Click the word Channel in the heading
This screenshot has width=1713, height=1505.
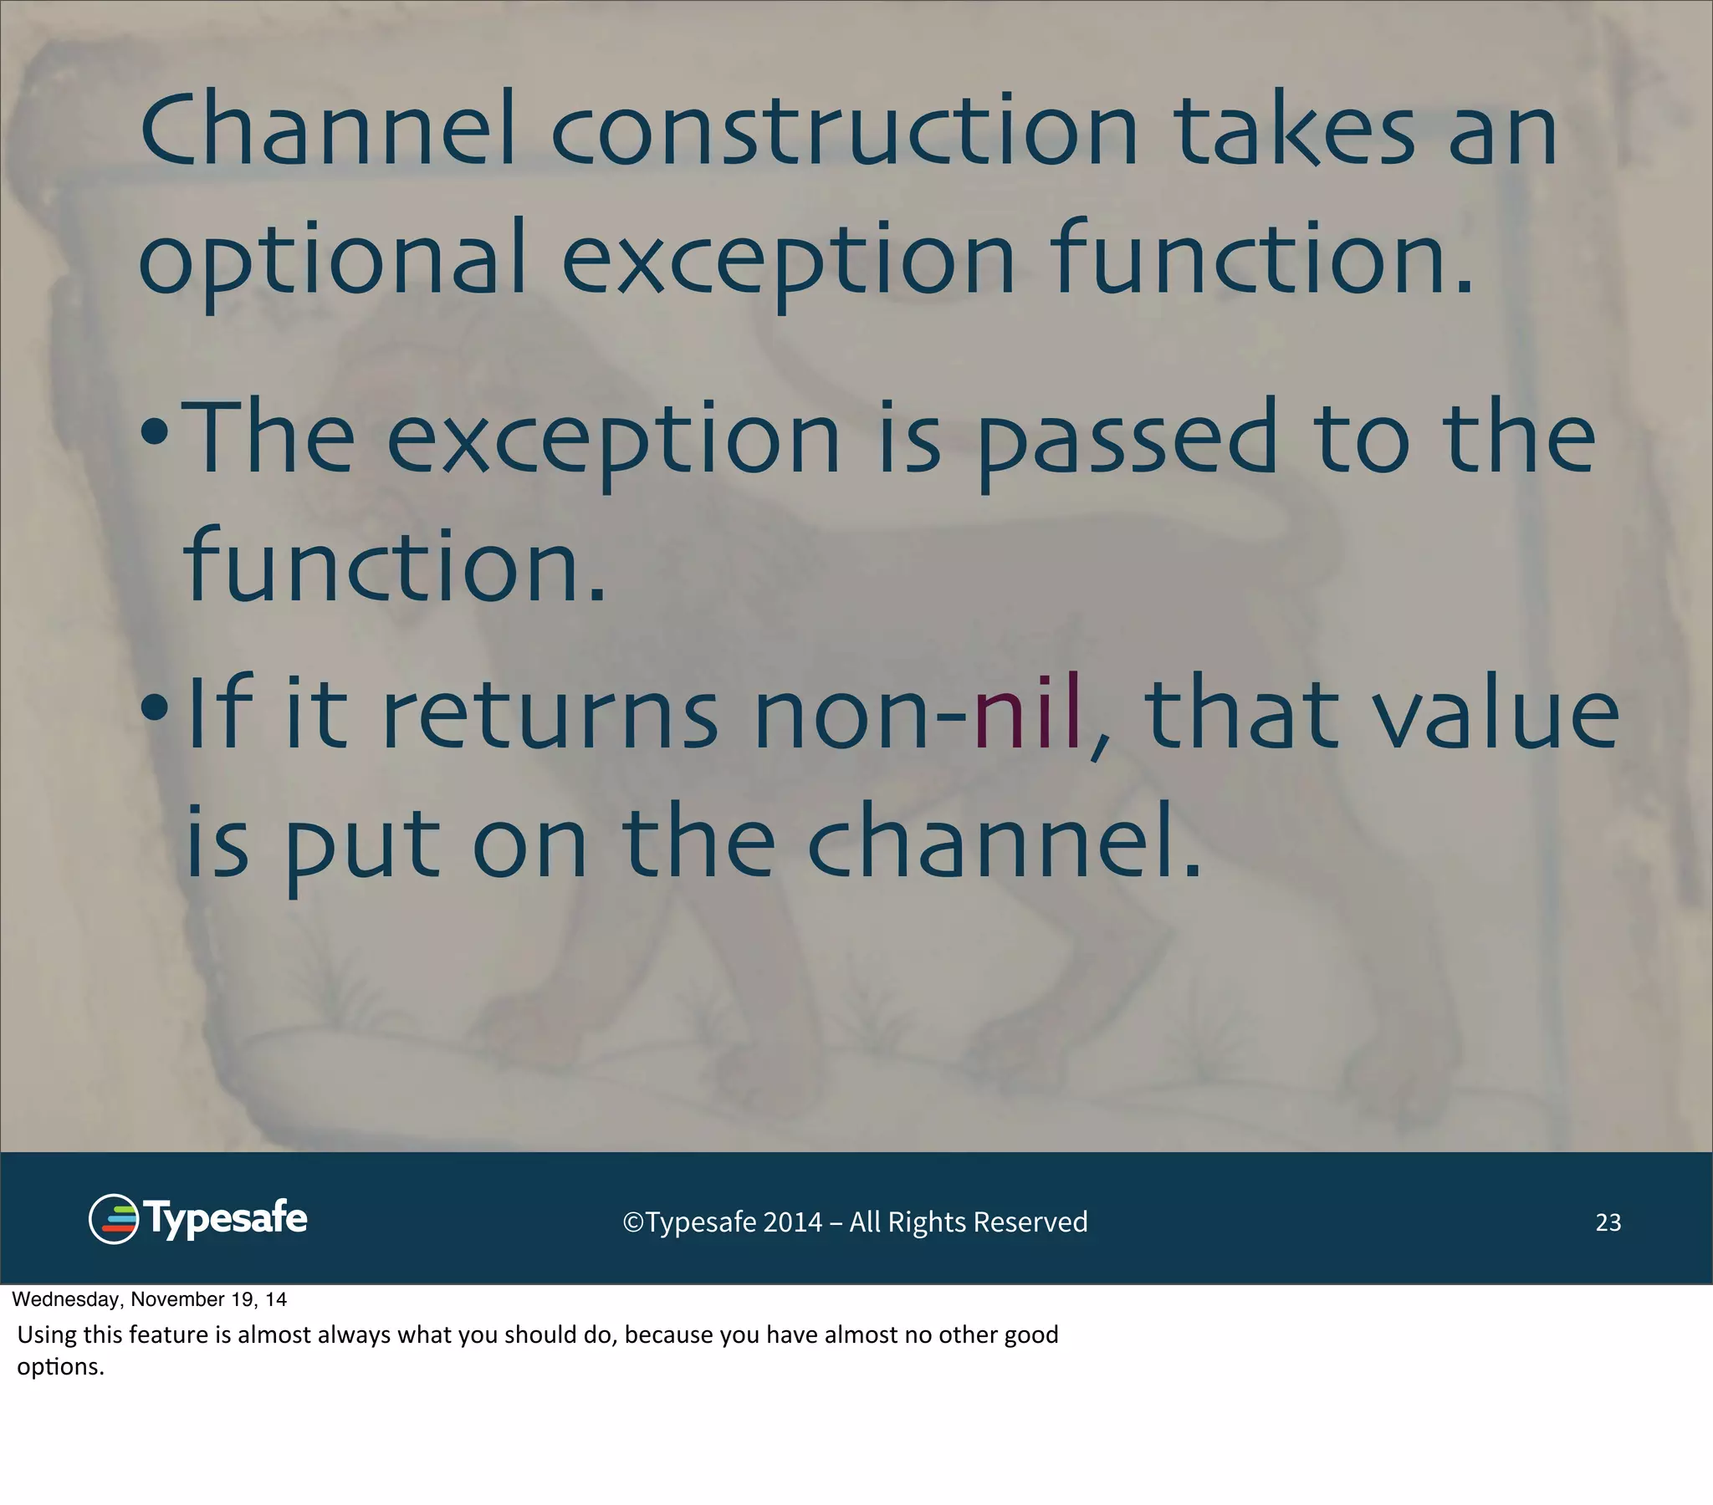tap(327, 130)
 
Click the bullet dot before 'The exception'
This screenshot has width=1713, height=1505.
tap(156, 434)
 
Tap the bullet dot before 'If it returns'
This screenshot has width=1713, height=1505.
tap(156, 709)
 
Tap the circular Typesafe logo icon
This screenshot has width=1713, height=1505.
tap(113, 1219)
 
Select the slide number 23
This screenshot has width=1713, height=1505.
tap(1608, 1222)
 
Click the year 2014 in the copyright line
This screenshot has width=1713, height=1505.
tap(792, 1222)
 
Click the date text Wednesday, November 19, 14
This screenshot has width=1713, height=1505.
tap(149, 1299)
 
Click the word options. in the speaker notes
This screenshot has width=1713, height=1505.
tap(60, 1367)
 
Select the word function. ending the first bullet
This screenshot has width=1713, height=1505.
tap(394, 566)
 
